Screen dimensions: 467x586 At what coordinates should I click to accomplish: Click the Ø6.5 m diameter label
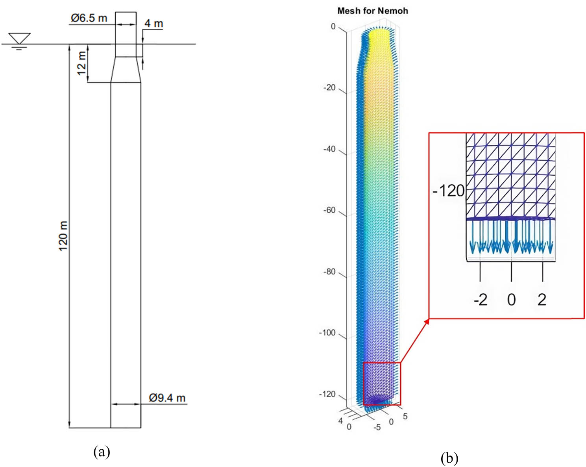89,18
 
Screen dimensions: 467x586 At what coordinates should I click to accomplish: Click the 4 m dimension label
153,24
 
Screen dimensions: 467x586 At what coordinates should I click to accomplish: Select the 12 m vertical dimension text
81,63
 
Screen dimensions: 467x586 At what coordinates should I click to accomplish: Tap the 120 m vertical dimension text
63,236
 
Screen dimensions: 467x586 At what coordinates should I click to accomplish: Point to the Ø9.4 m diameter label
167,398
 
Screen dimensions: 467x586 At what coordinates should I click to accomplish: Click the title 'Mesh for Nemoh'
372,11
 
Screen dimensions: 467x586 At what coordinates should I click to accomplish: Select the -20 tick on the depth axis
329,87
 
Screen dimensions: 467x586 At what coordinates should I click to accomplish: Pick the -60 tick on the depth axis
329,210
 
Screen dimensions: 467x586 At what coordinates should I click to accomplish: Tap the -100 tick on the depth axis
327,333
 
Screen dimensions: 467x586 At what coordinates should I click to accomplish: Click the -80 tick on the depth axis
329,272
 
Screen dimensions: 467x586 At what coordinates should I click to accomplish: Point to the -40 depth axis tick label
329,149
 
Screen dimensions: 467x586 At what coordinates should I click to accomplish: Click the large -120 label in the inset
448,191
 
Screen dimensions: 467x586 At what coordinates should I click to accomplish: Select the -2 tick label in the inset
480,300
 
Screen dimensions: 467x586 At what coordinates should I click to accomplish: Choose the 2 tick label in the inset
542,300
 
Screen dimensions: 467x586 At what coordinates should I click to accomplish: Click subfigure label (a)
102,451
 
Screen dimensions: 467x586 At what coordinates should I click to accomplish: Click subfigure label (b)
449,458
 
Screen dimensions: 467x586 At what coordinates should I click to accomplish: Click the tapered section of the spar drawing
126,70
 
